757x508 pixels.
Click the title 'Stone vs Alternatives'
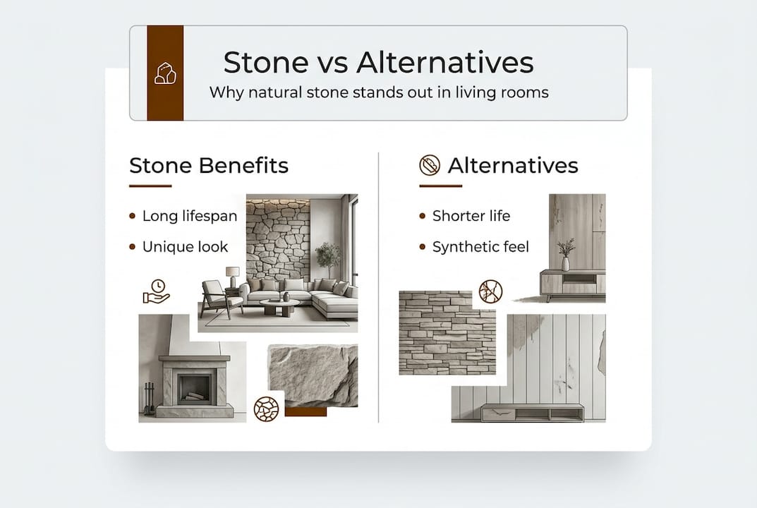(x=378, y=63)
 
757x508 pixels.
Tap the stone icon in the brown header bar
(x=165, y=73)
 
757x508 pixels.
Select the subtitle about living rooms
(x=379, y=92)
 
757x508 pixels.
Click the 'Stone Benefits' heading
(x=209, y=166)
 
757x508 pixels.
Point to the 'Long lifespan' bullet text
(x=190, y=216)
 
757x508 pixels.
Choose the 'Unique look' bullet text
(x=185, y=246)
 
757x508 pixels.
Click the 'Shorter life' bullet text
(x=471, y=216)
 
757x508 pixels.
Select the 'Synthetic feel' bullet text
(x=480, y=246)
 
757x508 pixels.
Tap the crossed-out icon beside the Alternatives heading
(x=430, y=166)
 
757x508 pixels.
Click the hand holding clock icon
(x=156, y=291)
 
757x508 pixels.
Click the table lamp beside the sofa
(x=232, y=275)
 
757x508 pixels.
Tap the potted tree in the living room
(x=327, y=257)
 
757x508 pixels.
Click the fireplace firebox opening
(x=194, y=388)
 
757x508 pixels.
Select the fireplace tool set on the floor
(x=149, y=399)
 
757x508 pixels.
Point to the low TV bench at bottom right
(x=532, y=412)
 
